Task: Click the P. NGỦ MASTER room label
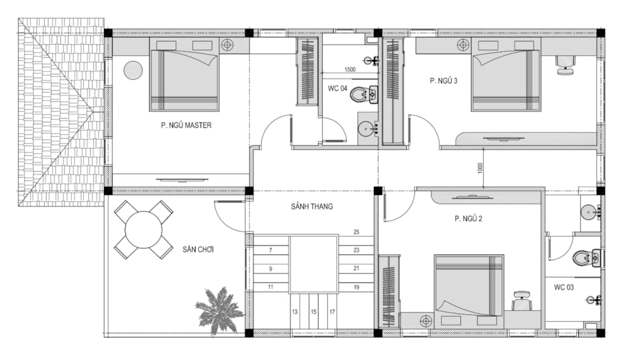point(186,125)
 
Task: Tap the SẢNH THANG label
point(312,207)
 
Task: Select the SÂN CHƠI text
point(198,249)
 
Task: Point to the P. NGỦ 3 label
point(444,81)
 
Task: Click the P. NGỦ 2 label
point(469,219)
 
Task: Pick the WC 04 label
point(338,88)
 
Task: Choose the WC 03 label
point(563,287)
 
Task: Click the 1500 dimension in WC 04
point(350,70)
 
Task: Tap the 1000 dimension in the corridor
point(480,168)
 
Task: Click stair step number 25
point(356,232)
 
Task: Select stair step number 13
point(295,312)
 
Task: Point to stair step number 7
point(270,250)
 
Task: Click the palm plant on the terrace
point(219,309)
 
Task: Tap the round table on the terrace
point(143,229)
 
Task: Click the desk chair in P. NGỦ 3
point(566,65)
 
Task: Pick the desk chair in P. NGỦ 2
point(521,301)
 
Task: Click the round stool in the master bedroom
point(133,70)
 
